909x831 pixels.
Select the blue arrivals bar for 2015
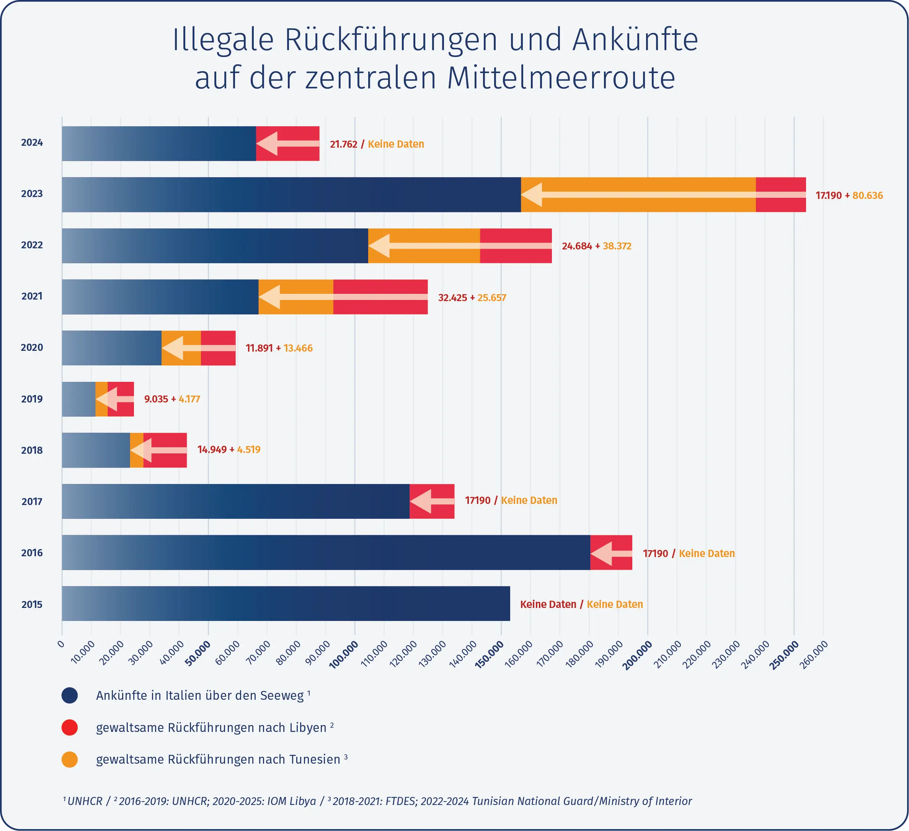(x=286, y=603)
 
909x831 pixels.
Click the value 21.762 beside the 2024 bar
(x=343, y=144)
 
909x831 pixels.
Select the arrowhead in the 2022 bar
(x=379, y=246)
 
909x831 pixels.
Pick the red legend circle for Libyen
(x=69, y=727)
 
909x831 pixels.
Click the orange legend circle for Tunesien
(x=69, y=759)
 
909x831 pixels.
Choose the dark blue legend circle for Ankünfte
(x=69, y=695)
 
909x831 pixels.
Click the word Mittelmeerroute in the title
(x=561, y=78)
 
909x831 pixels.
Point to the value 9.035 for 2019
(x=156, y=399)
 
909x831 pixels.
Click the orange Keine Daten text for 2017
(x=529, y=500)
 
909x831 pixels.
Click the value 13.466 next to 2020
(x=298, y=348)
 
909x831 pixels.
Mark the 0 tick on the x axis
(x=61, y=644)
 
